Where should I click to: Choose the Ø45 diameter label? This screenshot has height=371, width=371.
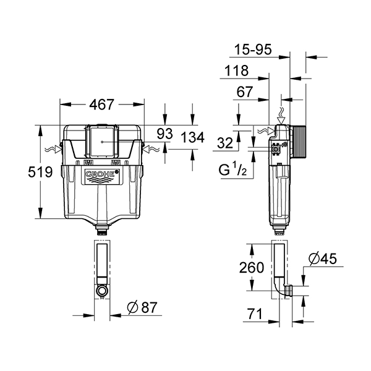pos(322,260)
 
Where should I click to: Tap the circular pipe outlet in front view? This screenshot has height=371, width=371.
pos(102,289)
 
